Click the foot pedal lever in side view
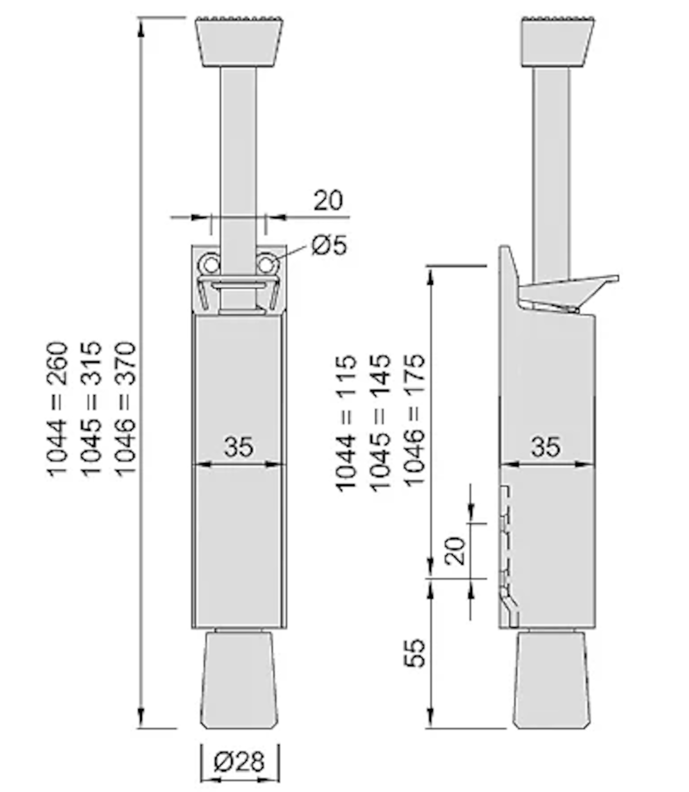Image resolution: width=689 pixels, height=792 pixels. point(569,292)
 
